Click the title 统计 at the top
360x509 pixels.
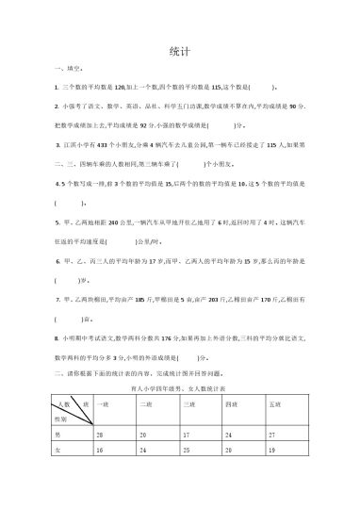coord(180,52)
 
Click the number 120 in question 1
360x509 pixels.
coord(121,85)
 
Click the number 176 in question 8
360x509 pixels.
coord(168,336)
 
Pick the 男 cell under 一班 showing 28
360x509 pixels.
coord(100,434)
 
